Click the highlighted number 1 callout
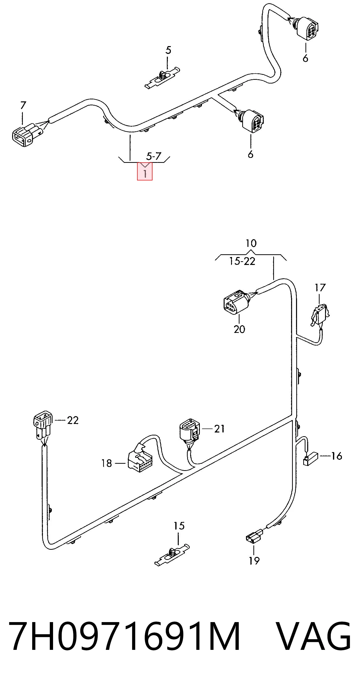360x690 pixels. pyautogui.click(x=145, y=172)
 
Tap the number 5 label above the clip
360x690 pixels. pyautogui.click(x=168, y=50)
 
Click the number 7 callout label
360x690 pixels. pyautogui.click(x=23, y=105)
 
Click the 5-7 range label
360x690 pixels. pyautogui.click(x=154, y=156)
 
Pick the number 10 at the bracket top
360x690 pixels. pyautogui.click(x=251, y=243)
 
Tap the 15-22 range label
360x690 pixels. pyautogui.click(x=242, y=261)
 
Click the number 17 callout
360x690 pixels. pyautogui.click(x=320, y=288)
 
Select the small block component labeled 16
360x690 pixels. pyautogui.click(x=310, y=458)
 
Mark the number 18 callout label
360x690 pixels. pyautogui.click(x=107, y=463)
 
